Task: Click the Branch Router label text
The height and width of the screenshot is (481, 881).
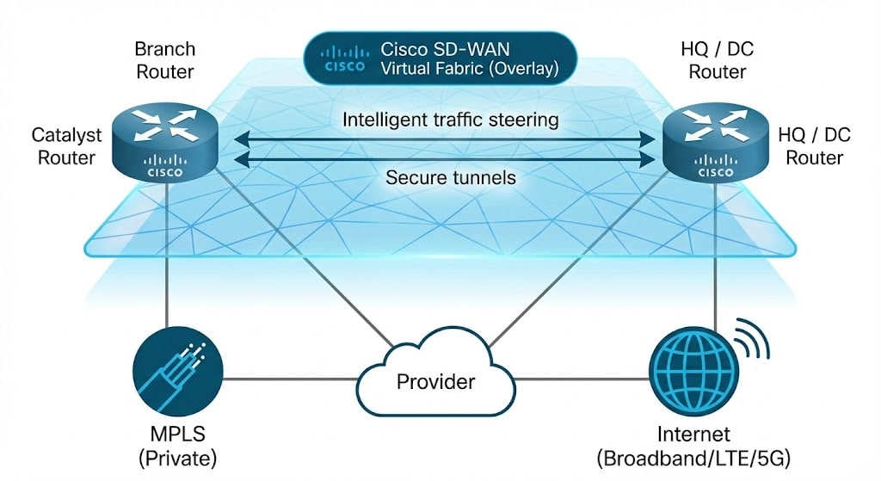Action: [x=165, y=59]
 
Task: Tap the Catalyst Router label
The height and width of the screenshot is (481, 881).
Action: [x=66, y=146]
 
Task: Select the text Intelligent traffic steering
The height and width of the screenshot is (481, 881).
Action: [x=450, y=119]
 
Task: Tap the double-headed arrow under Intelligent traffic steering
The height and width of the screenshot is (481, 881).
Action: [x=440, y=138]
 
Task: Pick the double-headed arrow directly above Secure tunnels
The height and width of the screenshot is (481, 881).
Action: [x=440, y=158]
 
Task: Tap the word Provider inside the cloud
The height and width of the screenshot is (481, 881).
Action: [x=435, y=381]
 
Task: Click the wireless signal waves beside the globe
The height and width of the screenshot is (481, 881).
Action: [x=752, y=337]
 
